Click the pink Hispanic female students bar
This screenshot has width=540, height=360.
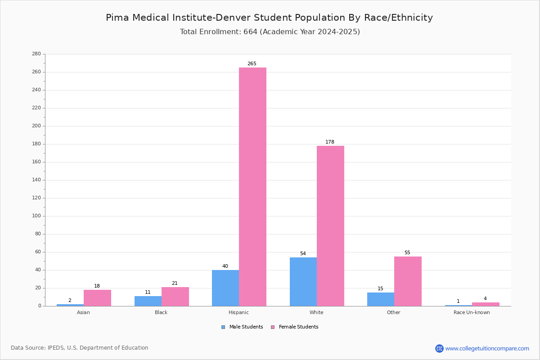[x=252, y=187]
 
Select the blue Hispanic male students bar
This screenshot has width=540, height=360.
[x=225, y=288]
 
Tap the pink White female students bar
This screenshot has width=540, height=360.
[x=330, y=226]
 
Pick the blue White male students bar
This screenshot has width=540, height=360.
[x=303, y=282]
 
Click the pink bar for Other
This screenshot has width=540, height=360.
[x=408, y=281]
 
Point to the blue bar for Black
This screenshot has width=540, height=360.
[x=148, y=301]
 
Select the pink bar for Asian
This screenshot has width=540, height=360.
[x=97, y=298]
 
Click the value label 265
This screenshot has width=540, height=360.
[x=252, y=63]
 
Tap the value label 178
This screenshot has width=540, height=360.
[x=330, y=142]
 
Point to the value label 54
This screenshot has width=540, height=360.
[x=303, y=253]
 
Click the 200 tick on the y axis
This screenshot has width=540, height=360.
[x=36, y=126]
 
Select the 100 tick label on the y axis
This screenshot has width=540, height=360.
[x=36, y=216]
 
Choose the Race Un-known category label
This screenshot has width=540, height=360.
[x=472, y=312]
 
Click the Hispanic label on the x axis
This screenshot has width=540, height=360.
[x=238, y=312]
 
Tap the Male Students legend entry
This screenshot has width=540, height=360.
[x=242, y=327]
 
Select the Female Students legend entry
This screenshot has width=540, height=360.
[x=295, y=327]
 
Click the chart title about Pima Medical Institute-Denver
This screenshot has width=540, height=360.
[x=269, y=18]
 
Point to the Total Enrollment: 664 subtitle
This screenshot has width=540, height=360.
[x=270, y=31]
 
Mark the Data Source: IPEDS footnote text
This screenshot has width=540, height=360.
[x=80, y=348]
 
